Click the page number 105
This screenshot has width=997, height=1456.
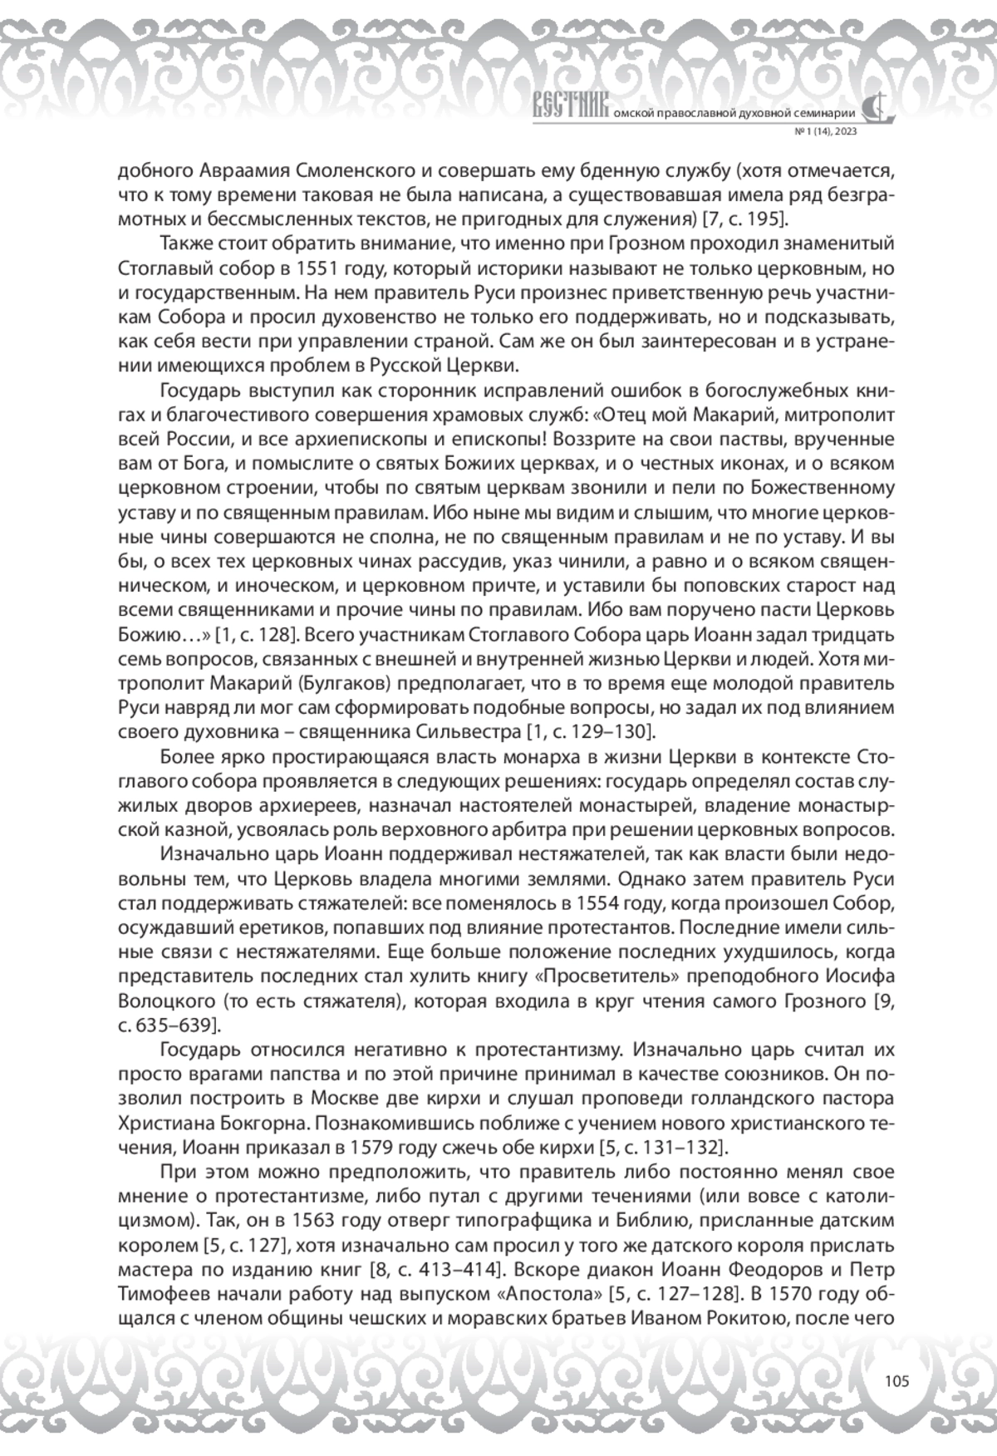pos(896,1382)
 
